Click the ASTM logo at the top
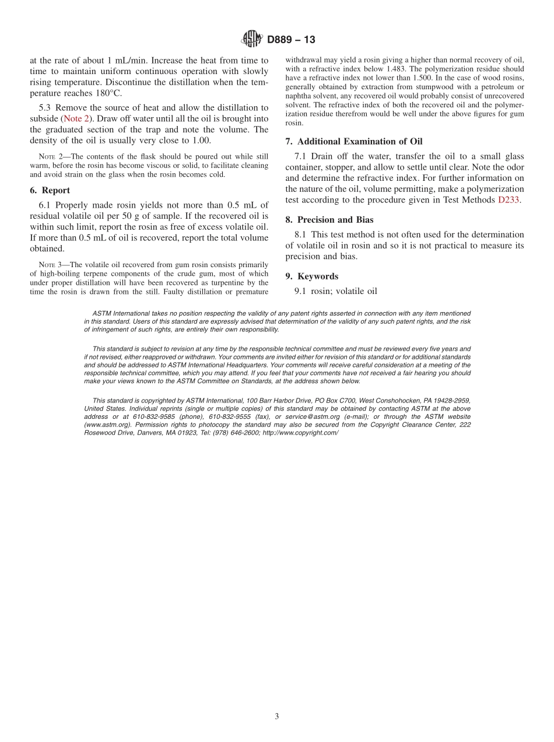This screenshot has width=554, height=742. (x=252, y=40)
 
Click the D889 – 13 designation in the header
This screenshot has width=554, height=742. (x=291, y=40)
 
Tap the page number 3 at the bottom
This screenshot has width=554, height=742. (x=277, y=717)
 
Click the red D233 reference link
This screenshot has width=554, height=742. (x=508, y=199)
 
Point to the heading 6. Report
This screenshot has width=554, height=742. (x=50, y=190)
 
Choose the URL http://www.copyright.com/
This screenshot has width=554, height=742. (x=300, y=433)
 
